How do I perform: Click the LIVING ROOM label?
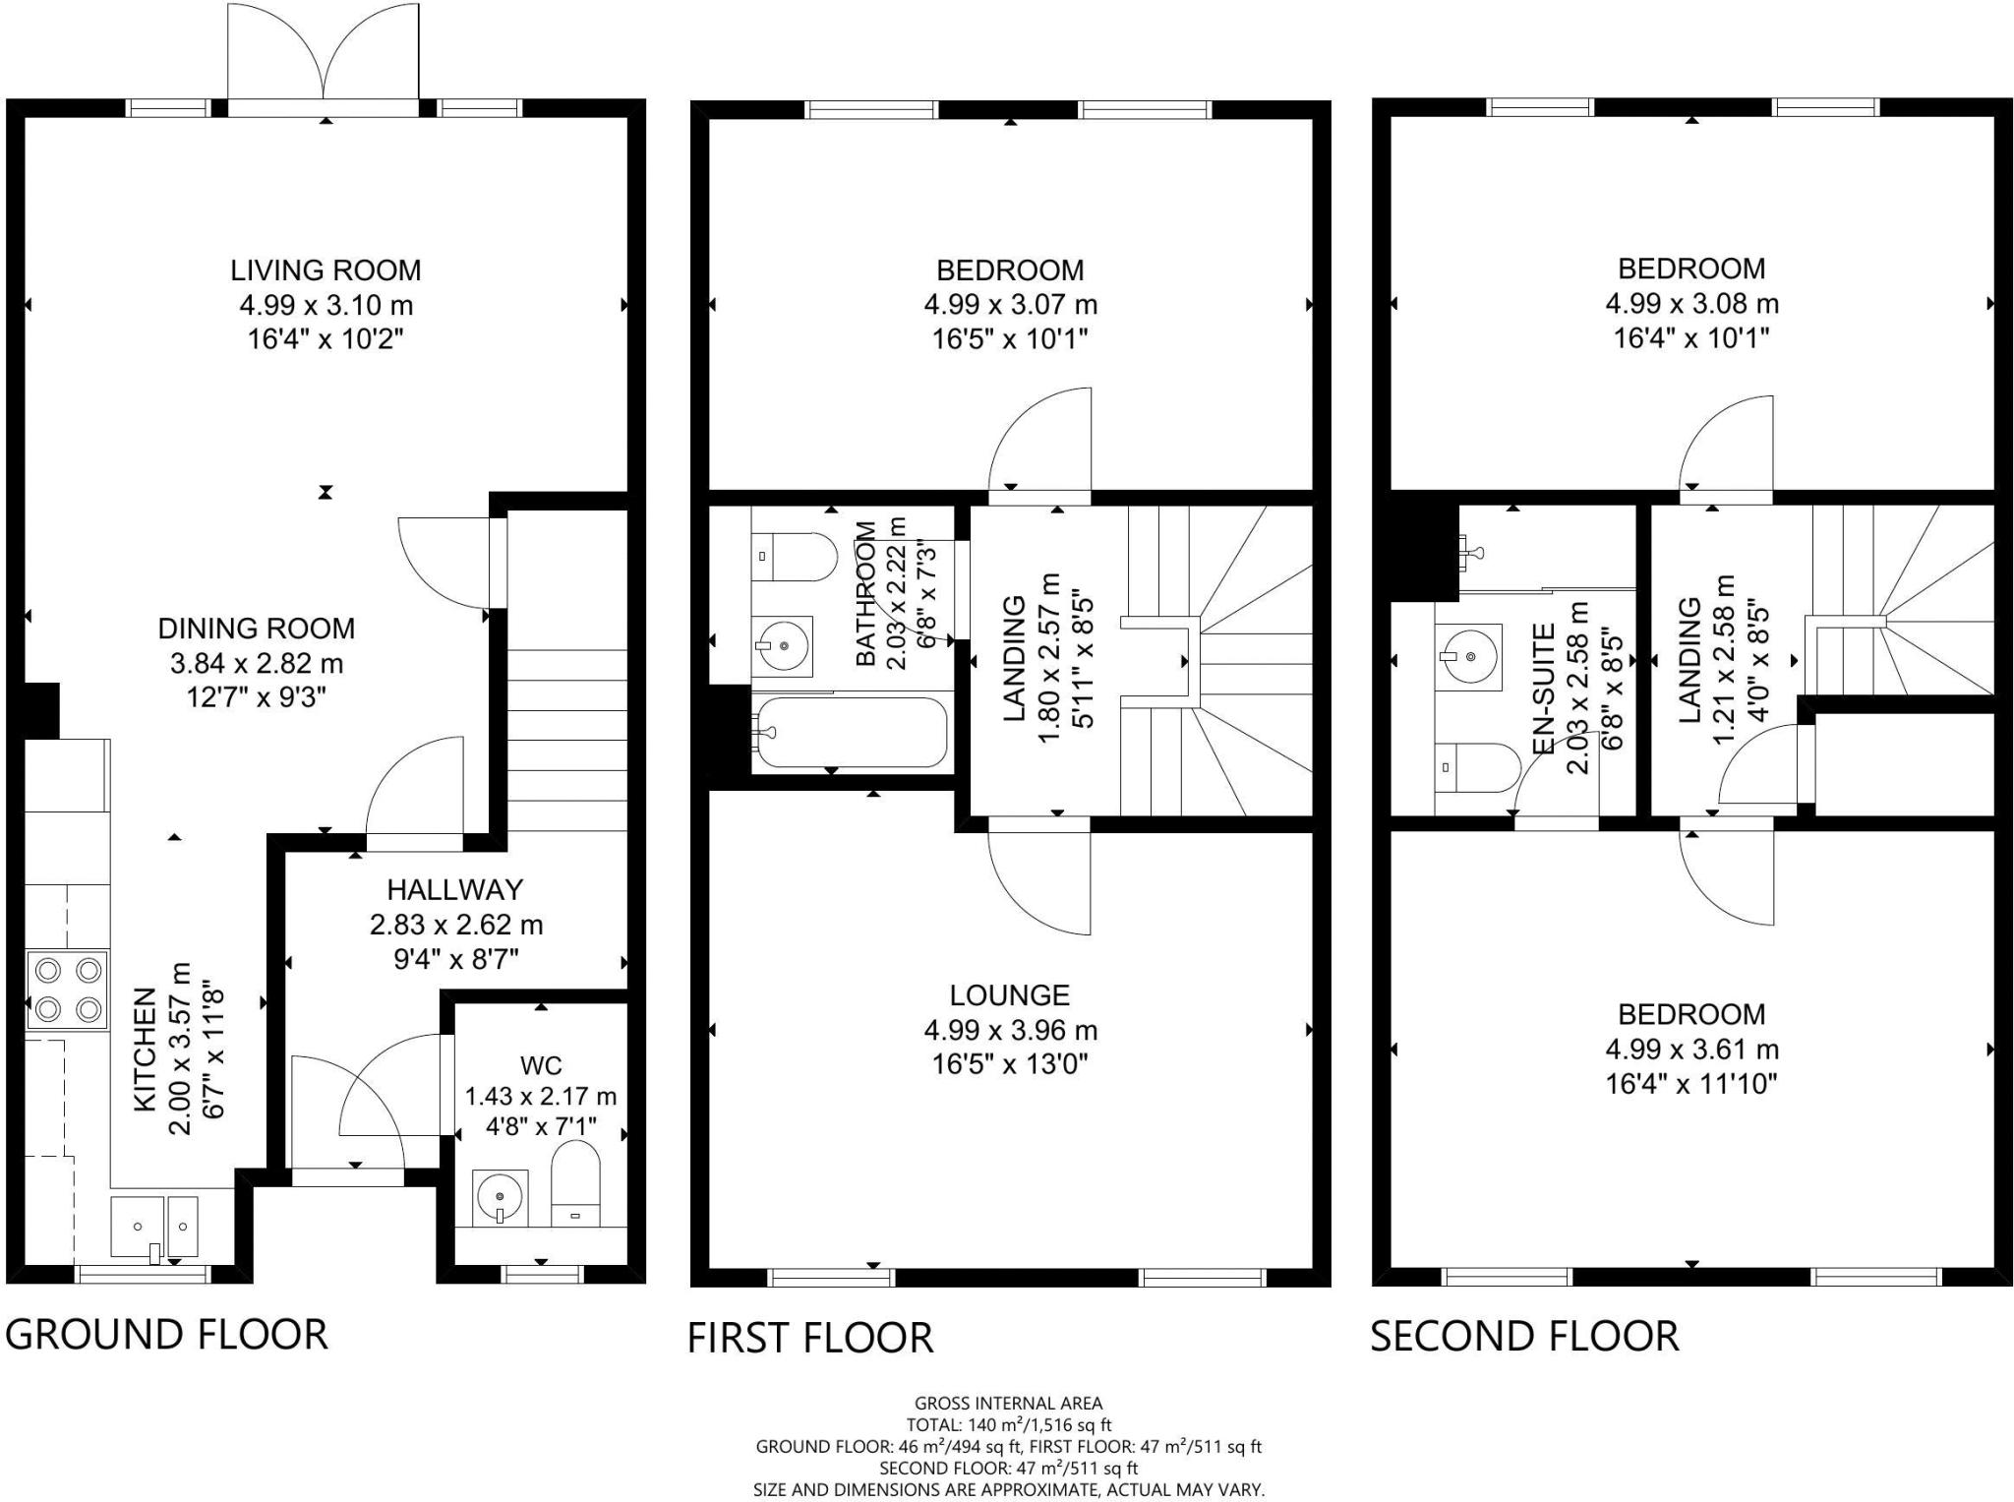[x=326, y=270]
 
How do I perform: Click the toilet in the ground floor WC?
[x=575, y=1183]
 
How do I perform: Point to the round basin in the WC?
[x=501, y=1198]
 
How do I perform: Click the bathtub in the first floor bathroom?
[x=850, y=732]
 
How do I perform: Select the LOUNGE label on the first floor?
[x=1009, y=995]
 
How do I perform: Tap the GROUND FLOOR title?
[x=166, y=1335]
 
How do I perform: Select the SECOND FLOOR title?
[x=1524, y=1336]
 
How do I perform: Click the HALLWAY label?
[x=454, y=890]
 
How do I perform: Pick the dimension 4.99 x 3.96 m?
[x=1010, y=1030]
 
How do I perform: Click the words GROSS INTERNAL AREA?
[x=1008, y=1404]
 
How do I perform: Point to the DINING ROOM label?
[x=257, y=629]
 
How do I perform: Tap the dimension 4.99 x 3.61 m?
[x=1691, y=1050]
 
